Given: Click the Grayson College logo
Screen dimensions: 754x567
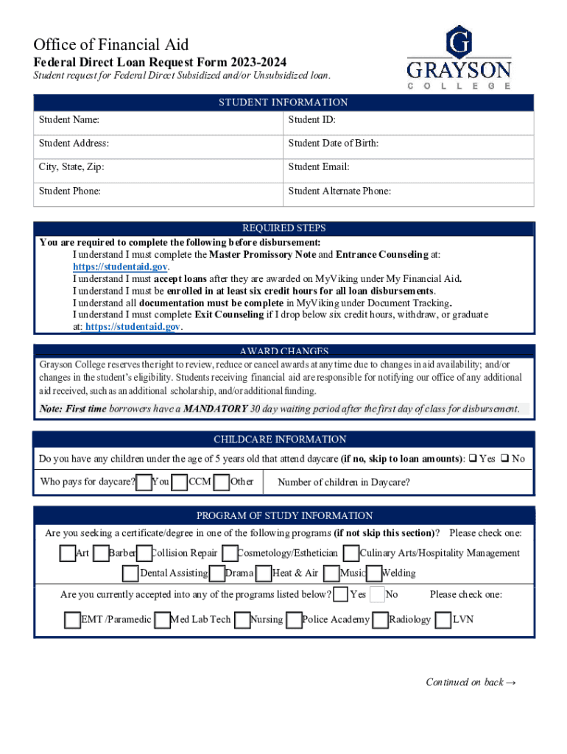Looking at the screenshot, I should click(459, 57).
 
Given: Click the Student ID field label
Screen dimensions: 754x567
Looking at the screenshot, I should click(312, 120).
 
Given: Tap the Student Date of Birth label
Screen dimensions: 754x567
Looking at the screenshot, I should click(334, 144).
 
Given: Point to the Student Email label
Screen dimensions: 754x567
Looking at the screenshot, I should click(319, 167).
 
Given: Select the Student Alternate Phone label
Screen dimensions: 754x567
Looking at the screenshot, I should click(339, 191).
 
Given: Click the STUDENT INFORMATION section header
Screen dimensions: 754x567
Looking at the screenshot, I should click(283, 102).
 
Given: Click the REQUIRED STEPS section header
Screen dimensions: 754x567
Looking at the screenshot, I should click(283, 228).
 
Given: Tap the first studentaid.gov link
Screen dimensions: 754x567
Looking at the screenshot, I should click(121, 267).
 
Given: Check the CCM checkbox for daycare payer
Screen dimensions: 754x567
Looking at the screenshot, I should click(179, 482).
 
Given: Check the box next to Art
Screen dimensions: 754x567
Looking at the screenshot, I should click(68, 553).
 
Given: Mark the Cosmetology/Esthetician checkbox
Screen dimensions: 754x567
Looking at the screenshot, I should click(229, 553).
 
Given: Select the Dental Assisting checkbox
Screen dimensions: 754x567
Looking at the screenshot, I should click(130, 573).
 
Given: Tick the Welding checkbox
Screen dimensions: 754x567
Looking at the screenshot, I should click(373, 573).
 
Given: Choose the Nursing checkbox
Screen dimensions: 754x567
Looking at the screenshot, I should click(242, 620).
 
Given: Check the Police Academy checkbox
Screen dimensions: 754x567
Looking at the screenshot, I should click(294, 620).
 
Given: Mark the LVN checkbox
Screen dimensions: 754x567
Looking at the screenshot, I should click(443, 620).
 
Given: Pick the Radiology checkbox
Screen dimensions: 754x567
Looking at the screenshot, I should click(380, 620).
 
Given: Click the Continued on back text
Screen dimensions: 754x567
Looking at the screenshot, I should click(471, 682).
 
